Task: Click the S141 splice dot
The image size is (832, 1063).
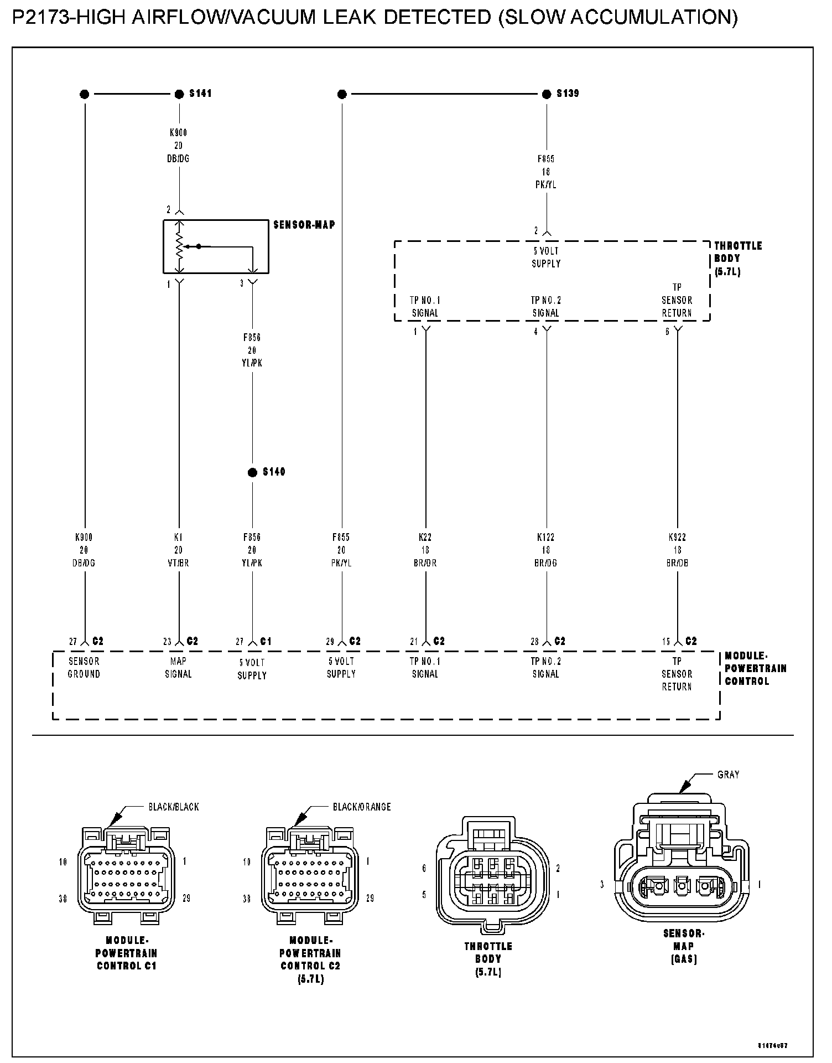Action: click(179, 94)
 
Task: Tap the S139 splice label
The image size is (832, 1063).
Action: click(568, 94)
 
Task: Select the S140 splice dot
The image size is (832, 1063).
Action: click(252, 472)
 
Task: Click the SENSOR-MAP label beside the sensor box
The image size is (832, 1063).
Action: click(304, 225)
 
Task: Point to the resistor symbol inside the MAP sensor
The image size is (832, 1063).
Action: click(179, 246)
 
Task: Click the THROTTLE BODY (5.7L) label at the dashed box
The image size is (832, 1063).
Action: click(738, 259)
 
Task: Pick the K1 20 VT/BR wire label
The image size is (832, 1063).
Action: click(178, 550)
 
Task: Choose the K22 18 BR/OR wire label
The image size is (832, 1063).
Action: click(425, 550)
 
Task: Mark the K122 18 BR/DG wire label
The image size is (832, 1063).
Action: click(546, 550)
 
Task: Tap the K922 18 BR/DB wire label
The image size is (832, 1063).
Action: click(677, 550)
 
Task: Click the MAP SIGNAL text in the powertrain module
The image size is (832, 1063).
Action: click(178, 667)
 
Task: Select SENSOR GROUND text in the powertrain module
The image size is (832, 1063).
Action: click(84, 667)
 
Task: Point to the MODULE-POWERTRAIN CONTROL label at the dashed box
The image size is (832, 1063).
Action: click(755, 669)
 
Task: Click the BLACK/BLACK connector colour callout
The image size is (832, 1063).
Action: click(173, 807)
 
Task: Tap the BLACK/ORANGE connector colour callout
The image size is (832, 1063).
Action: click(362, 807)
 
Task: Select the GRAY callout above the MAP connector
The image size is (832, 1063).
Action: click(728, 775)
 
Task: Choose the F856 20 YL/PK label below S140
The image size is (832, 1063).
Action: click(252, 550)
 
